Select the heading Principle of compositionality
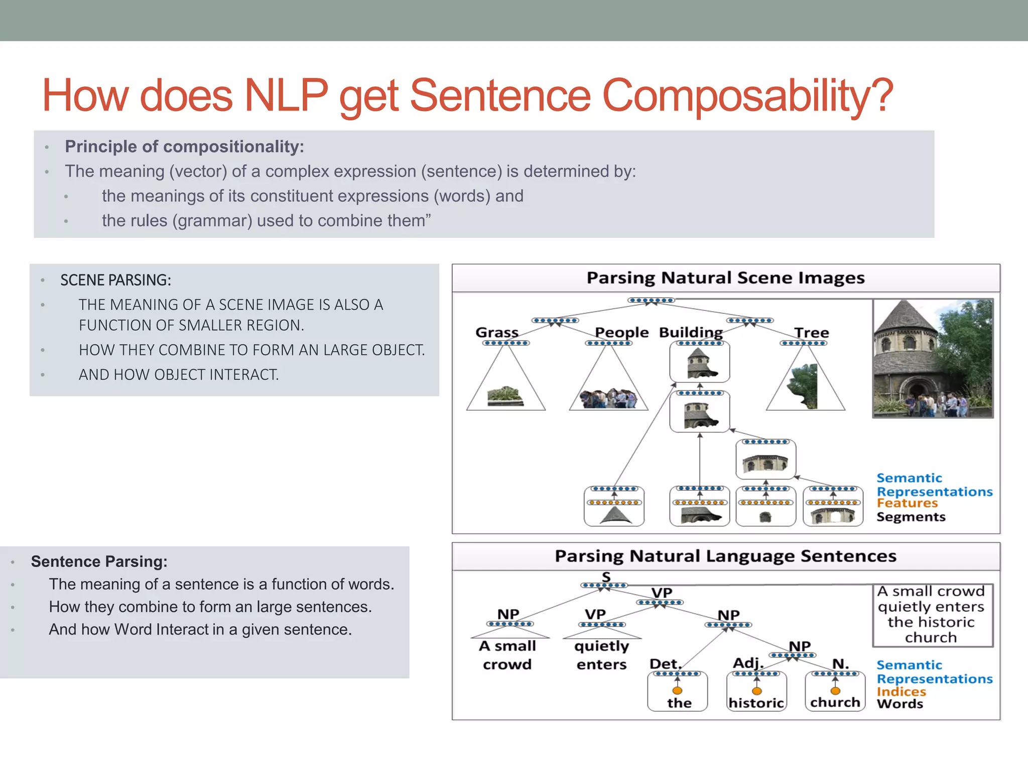coord(184,147)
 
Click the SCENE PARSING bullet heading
coord(115,280)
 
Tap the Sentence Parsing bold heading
coord(99,561)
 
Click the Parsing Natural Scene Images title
coord(725,278)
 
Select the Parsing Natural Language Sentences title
coord(725,556)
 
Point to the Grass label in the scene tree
coord(496,332)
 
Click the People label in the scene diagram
coord(621,332)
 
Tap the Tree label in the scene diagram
coord(811,333)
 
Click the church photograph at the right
coord(933,358)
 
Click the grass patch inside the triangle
coord(505,396)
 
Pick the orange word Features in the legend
coord(907,503)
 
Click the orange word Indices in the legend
coord(901,691)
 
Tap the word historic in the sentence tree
coord(756,703)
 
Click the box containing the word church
coord(835,693)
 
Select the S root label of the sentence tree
coord(606,577)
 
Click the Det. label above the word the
coord(665,664)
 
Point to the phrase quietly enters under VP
coord(601,655)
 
